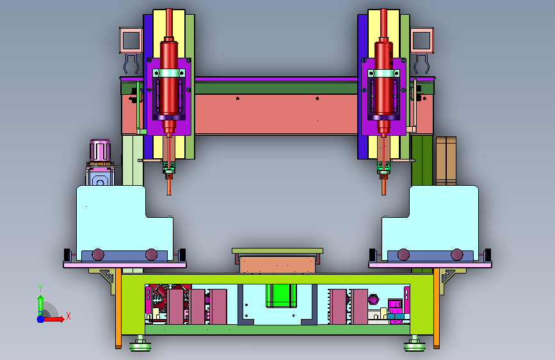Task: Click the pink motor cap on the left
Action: coord(100,150)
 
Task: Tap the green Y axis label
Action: coord(40,288)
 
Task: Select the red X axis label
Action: coord(68,316)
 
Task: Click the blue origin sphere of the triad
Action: coord(41,319)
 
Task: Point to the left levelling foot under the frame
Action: coord(140,344)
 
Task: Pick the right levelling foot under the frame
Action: coord(415,344)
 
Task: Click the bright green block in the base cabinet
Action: coord(282,295)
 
